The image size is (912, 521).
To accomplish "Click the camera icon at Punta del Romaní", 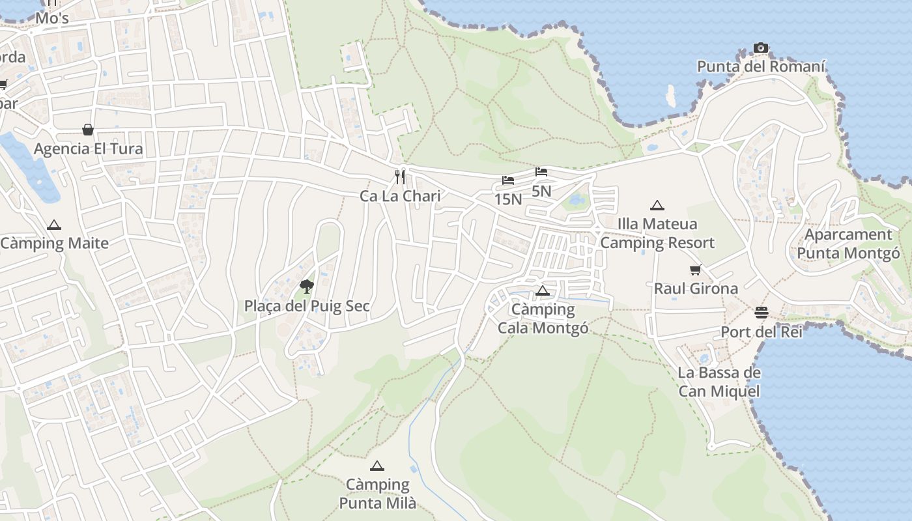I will click(x=760, y=48).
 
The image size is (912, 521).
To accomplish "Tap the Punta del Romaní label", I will click(x=761, y=66).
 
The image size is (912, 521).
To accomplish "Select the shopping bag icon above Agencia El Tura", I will click(x=88, y=130).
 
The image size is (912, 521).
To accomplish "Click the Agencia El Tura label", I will click(x=88, y=148).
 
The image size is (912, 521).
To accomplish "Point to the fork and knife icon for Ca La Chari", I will click(x=400, y=176).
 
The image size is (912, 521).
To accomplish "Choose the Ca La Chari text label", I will click(x=400, y=196).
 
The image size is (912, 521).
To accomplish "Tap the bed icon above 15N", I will click(x=508, y=180).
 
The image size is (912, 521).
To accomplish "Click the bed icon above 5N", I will click(x=541, y=172).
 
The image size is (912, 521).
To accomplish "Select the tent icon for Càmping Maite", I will click(x=54, y=225).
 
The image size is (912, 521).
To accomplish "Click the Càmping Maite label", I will click(x=54, y=244).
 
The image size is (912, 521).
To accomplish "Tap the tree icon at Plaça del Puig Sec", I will click(x=306, y=286).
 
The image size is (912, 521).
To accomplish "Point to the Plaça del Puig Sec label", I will click(x=307, y=305).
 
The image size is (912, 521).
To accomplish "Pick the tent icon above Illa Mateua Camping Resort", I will click(x=657, y=205).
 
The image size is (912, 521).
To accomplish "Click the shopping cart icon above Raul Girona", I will click(x=696, y=270).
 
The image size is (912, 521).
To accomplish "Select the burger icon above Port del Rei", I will click(x=761, y=313).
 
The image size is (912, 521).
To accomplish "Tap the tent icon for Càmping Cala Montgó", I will click(x=543, y=290).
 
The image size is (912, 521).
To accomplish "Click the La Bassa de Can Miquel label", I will click(x=719, y=382).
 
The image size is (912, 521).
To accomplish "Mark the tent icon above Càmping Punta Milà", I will click(x=377, y=466).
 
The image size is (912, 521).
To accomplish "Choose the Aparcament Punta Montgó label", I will click(x=848, y=244).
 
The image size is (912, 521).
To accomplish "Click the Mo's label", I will click(x=52, y=18).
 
